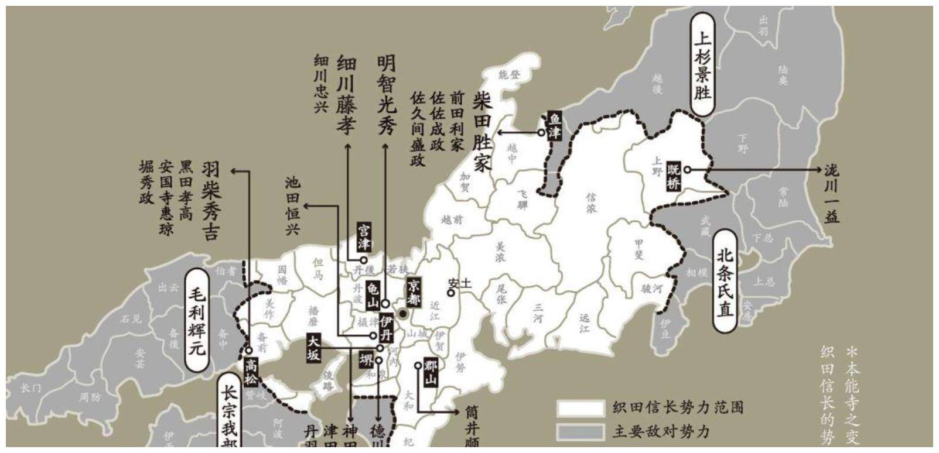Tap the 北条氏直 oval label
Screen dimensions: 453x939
click(x=725, y=280)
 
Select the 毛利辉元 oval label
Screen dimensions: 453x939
click(x=196, y=321)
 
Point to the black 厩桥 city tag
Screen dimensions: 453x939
click(x=674, y=176)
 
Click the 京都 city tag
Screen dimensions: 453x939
click(x=414, y=292)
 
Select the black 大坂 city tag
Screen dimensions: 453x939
click(x=314, y=348)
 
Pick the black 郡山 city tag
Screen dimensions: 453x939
click(x=431, y=372)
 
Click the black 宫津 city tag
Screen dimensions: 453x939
click(x=364, y=236)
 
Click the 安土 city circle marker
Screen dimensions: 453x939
click(x=451, y=293)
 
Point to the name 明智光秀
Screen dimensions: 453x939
click(x=386, y=95)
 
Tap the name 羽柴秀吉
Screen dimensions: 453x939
click(x=210, y=201)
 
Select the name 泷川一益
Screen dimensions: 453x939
click(x=831, y=194)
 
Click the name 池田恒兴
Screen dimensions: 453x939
click(x=292, y=206)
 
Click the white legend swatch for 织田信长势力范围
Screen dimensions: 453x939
click(x=580, y=408)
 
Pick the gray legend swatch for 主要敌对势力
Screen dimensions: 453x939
click(x=580, y=432)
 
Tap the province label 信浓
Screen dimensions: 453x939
click(x=591, y=203)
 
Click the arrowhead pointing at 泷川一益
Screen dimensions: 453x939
click(x=821, y=170)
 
